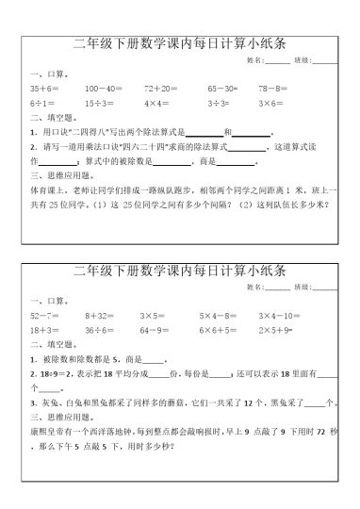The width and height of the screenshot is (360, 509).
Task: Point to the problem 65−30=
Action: coord(224,86)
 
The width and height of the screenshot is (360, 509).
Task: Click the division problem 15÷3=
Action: coord(99,101)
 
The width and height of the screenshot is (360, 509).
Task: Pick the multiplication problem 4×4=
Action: coord(156,101)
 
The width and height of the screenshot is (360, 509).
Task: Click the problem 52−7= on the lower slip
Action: coord(43,316)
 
